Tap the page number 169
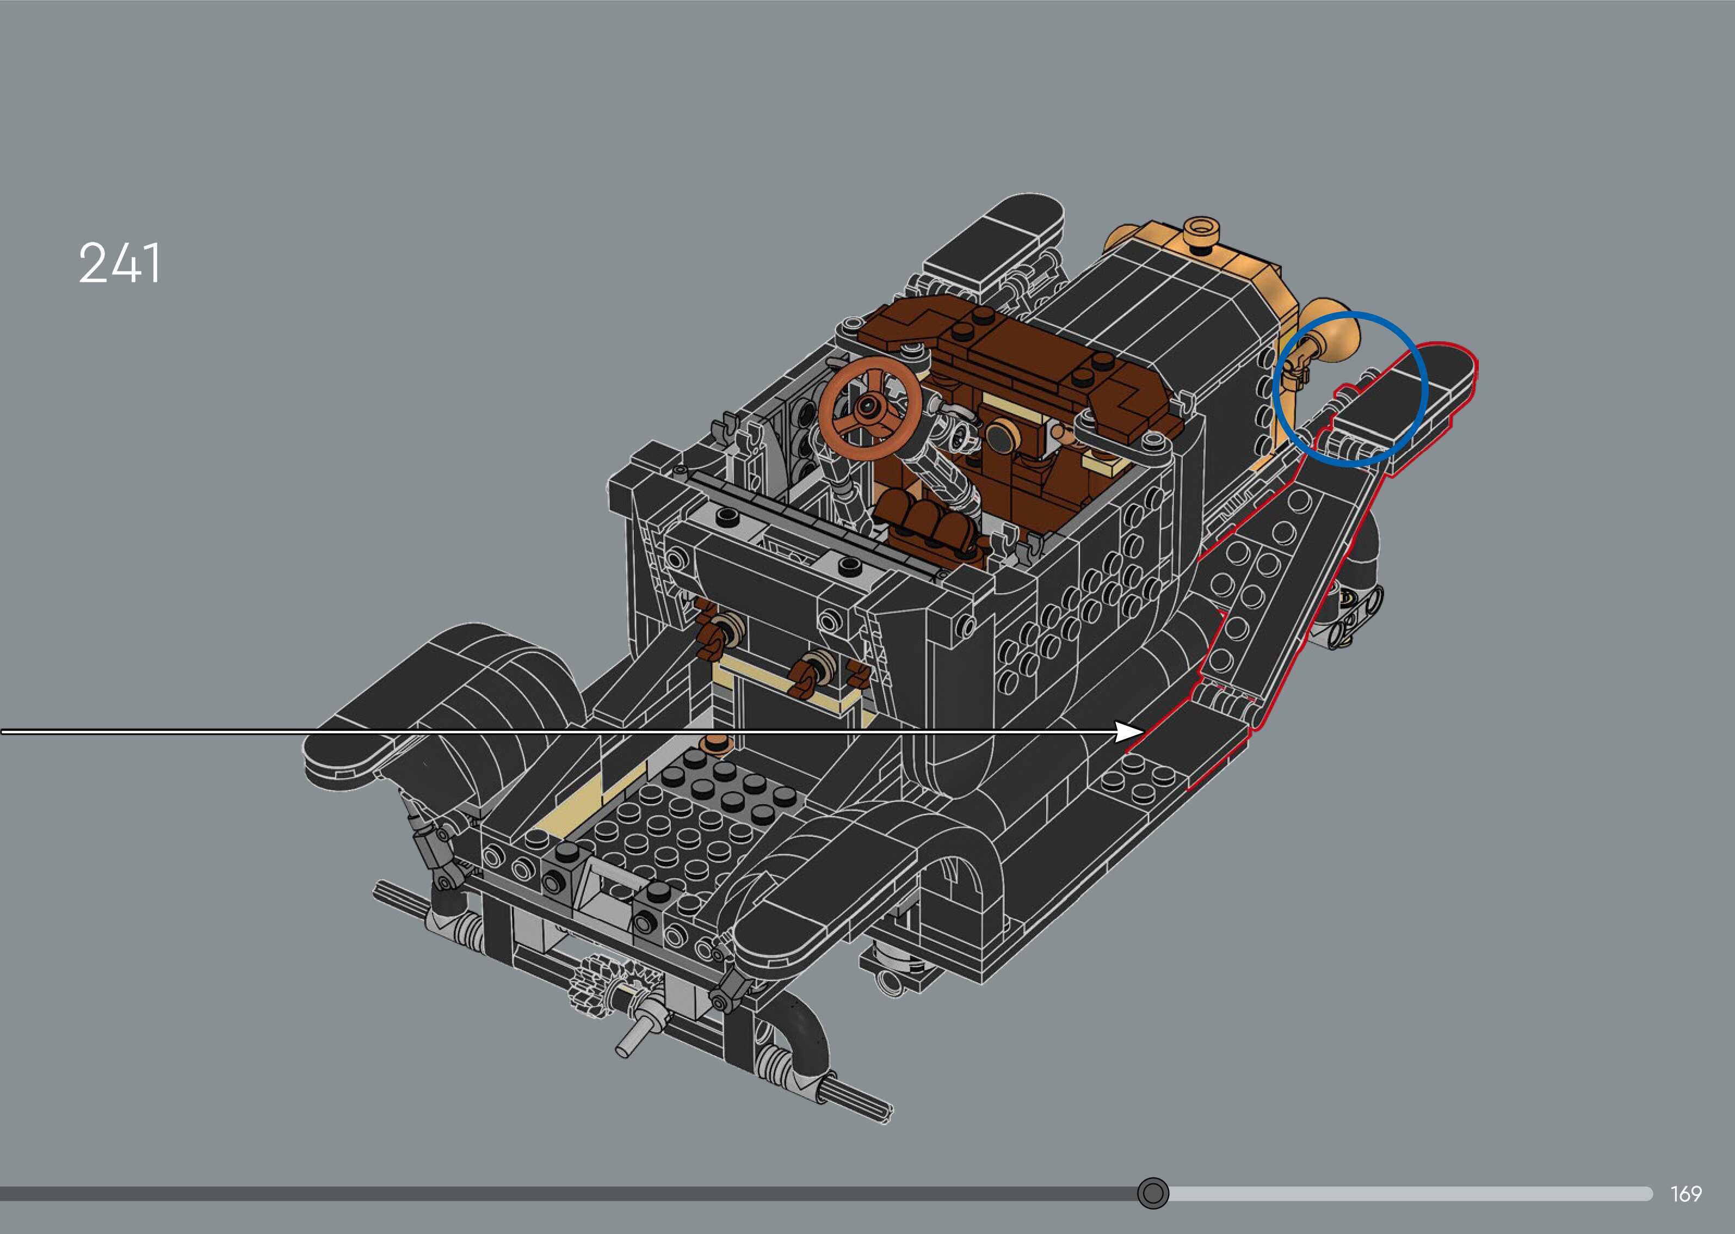coord(1685,1194)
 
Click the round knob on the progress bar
coord(1152,1193)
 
